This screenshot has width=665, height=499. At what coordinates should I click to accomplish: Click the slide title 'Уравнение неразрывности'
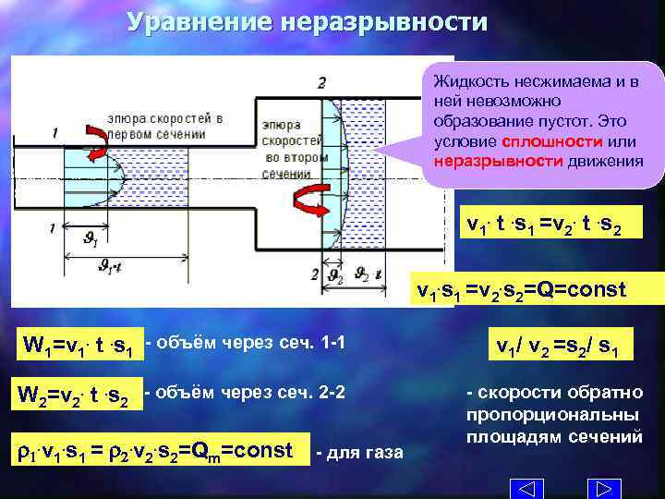[x=306, y=20]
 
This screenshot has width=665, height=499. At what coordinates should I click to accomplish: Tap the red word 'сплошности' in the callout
[x=539, y=141]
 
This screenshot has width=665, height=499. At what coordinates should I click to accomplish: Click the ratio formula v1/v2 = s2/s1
[x=557, y=347]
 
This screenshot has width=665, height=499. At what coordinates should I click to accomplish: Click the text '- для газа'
[x=358, y=452]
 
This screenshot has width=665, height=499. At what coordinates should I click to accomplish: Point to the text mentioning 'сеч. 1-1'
[x=246, y=345]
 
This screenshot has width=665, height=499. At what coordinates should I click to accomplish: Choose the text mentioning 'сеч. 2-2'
[x=246, y=392]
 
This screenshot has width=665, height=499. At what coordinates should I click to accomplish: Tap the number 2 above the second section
[x=320, y=82]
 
